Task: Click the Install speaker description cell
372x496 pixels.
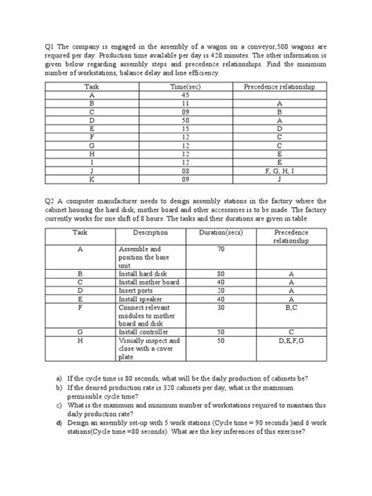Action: pos(144,299)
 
